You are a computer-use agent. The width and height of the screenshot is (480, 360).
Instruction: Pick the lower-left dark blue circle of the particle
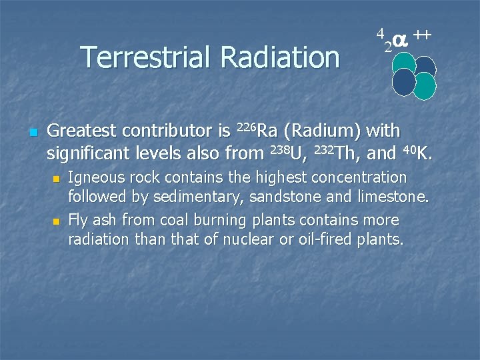[403, 81]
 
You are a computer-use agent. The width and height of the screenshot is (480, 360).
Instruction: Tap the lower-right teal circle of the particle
[424, 86]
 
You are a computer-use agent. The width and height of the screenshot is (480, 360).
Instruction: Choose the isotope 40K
[417, 153]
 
